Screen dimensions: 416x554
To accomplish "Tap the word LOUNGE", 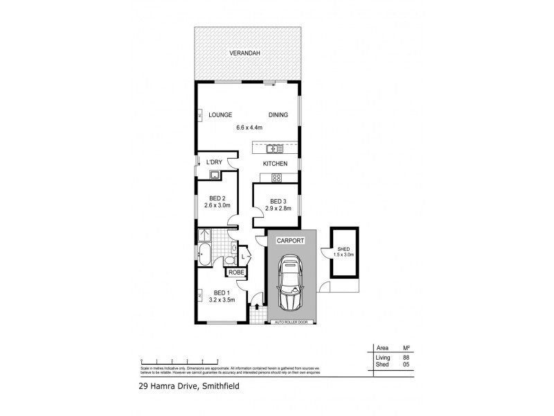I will click(x=220, y=115).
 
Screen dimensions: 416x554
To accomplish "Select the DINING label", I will click(x=278, y=115).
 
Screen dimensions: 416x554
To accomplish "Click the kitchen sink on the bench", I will click(x=274, y=148).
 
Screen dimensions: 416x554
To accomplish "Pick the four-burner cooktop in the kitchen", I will click(x=276, y=177).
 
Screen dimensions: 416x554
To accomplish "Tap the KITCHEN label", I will click(x=274, y=164).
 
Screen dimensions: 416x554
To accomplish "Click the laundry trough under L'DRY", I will click(x=215, y=174).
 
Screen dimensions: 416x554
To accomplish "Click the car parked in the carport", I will click(x=290, y=285).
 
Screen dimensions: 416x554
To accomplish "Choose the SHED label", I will click(x=343, y=249).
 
